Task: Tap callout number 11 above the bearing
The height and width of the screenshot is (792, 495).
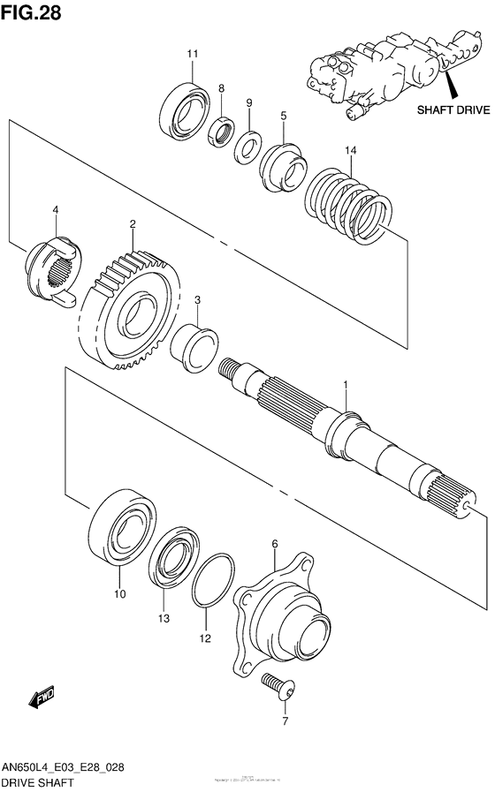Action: (192, 55)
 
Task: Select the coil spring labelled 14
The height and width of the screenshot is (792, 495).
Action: (349, 202)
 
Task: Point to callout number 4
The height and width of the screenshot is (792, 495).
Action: (55, 209)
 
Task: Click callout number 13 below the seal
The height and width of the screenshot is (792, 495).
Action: (163, 619)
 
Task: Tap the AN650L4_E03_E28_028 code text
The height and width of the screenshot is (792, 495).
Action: (62, 767)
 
